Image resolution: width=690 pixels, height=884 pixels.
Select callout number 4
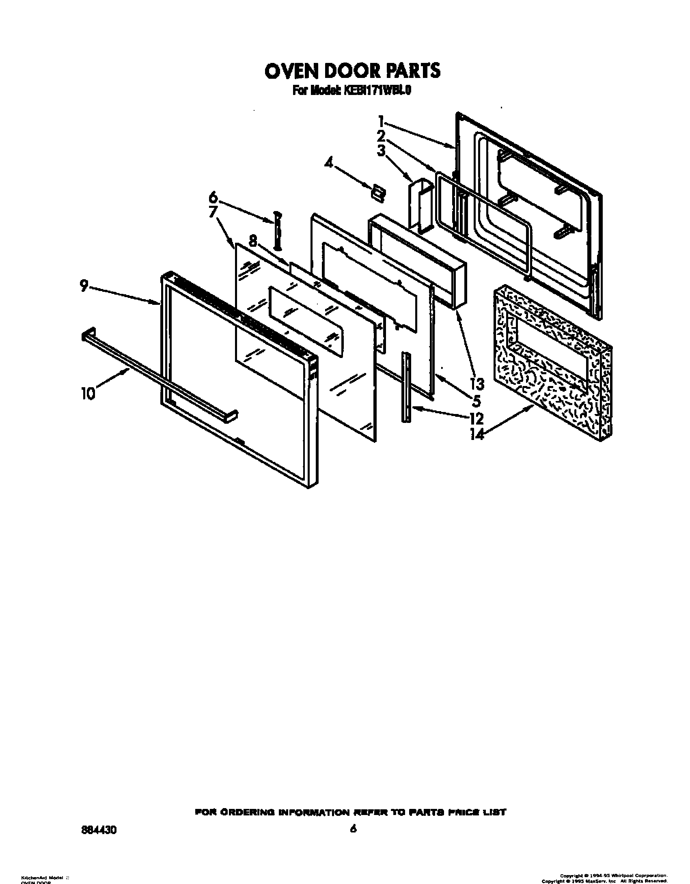pyautogui.click(x=328, y=164)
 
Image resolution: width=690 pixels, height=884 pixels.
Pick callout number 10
pyautogui.click(x=88, y=393)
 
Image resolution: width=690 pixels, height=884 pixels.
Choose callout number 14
pyautogui.click(x=477, y=435)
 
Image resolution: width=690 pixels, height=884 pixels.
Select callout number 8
pyautogui.click(x=253, y=241)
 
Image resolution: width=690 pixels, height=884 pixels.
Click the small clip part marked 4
pyautogui.click(x=378, y=194)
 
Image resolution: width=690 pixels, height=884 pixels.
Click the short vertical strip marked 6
pyautogui.click(x=277, y=230)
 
